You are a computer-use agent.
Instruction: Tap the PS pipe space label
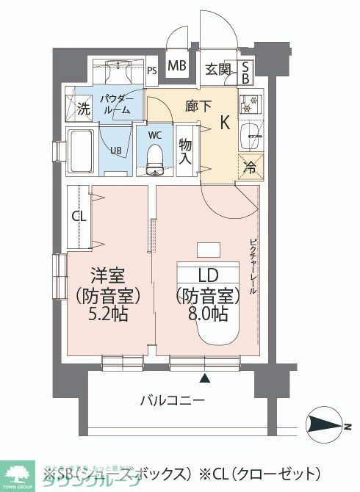point(152,71)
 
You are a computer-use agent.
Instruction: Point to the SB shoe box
point(246,70)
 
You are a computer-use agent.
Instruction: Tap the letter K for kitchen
point(226,124)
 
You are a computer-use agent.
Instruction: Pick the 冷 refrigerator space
point(250,167)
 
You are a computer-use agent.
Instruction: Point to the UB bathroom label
point(116,151)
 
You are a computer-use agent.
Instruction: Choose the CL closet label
point(79,217)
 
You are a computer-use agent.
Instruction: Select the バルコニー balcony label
point(173,401)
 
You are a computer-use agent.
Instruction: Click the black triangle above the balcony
point(205,379)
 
